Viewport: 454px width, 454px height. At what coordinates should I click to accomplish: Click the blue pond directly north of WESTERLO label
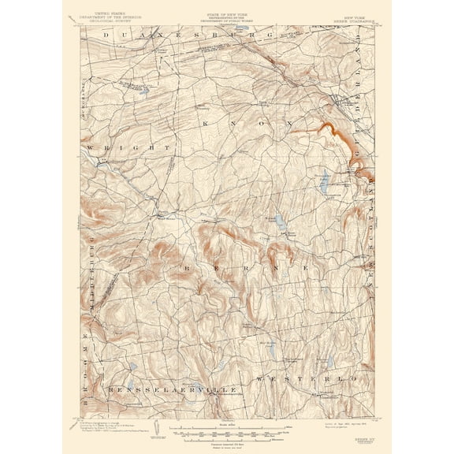329,363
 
